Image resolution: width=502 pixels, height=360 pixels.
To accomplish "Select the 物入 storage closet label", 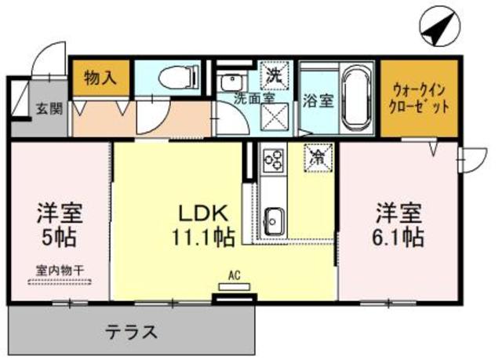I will pos(100,78).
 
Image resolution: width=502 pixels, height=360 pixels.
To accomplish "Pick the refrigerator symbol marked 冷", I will pos(319,158).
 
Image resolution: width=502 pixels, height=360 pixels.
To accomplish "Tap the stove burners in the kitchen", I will pos(275,160).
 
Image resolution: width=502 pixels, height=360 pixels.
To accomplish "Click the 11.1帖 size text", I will pos(202,236).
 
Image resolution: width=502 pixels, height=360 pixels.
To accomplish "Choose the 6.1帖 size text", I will pos(398,236).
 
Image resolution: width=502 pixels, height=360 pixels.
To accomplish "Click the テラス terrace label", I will pos(132,330).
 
